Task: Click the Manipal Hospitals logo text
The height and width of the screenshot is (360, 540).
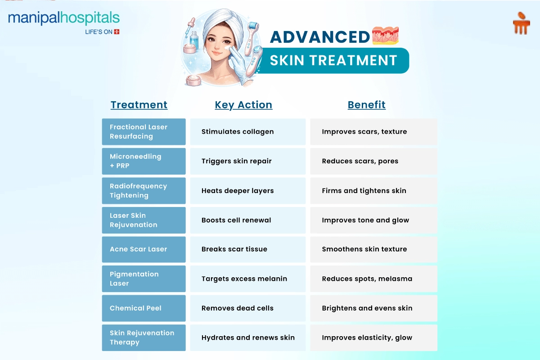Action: click(x=64, y=18)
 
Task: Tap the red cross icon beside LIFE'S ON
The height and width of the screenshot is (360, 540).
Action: click(x=117, y=32)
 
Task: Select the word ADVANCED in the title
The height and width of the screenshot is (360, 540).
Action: click(x=320, y=37)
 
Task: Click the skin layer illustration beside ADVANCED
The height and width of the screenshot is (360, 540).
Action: click(x=385, y=36)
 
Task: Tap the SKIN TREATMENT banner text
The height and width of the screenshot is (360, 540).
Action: click(x=333, y=60)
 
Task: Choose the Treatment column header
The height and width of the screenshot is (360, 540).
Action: click(x=139, y=105)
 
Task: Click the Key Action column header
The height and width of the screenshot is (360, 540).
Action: click(x=243, y=105)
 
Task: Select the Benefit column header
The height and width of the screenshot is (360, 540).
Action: click(x=366, y=105)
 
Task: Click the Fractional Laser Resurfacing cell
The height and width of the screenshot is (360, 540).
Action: click(x=144, y=132)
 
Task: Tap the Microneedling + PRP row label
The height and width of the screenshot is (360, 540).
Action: click(x=144, y=161)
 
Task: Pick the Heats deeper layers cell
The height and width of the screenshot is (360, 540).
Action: click(x=248, y=191)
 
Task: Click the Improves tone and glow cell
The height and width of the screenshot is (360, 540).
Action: click(x=373, y=220)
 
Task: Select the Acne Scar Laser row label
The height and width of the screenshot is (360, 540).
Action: click(x=144, y=249)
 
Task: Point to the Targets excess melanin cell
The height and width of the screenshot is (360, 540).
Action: click(x=248, y=279)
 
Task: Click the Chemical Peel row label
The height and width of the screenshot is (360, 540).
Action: click(x=144, y=308)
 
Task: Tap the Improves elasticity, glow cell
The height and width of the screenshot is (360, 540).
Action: click(x=373, y=337)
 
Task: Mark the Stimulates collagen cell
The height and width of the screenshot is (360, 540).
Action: click(x=248, y=132)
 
